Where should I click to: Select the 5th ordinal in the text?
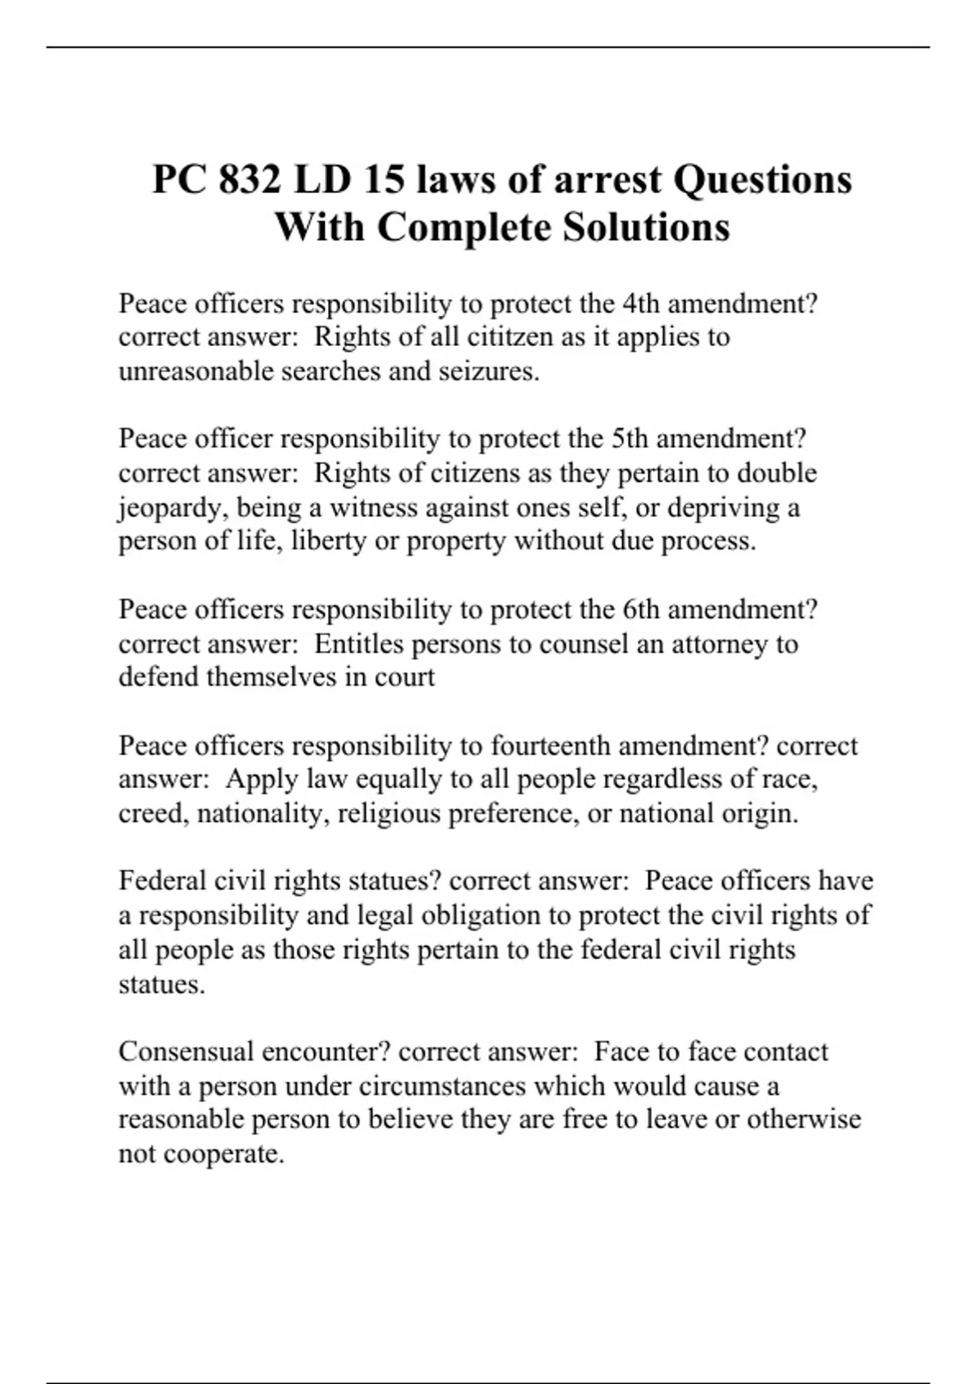(630, 439)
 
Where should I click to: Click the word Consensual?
(186, 1052)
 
